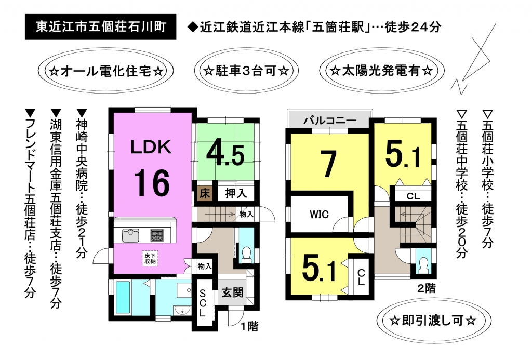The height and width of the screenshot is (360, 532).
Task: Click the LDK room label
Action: [151, 147]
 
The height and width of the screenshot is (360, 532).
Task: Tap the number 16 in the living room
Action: [152, 183]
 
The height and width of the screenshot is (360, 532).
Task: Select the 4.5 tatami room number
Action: [225, 154]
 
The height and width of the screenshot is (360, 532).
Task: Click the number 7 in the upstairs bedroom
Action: [328, 165]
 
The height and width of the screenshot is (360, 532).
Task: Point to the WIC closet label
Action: [319, 215]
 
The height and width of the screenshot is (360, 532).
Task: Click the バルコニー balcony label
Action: [330, 121]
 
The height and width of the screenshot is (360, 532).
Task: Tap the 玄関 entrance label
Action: [232, 292]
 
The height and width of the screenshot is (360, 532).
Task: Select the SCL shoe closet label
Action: [202, 302]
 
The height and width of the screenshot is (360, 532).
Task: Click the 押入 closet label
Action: [236, 193]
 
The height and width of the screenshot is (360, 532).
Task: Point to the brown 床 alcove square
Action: [205, 194]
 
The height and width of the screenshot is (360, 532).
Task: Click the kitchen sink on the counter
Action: [130, 235]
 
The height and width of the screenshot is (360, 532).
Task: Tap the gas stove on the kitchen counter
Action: [157, 235]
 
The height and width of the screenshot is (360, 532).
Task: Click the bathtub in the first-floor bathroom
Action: [123, 298]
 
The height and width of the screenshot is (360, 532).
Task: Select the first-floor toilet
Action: [247, 255]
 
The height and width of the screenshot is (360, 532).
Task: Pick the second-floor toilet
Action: [423, 264]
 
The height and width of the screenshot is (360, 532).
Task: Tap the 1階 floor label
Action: [249, 326]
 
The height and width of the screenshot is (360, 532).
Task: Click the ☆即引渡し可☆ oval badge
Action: [434, 321]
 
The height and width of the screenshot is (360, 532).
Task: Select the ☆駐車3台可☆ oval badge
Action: [246, 71]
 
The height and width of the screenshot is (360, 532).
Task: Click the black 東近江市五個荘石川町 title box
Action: [100, 27]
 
